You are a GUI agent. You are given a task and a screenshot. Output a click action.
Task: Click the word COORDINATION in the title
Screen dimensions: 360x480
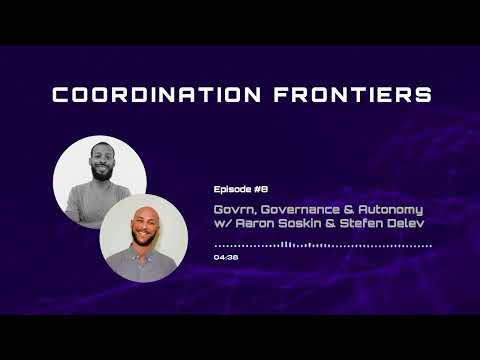click(151, 95)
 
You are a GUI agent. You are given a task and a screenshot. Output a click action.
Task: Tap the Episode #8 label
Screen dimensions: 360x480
click(241, 188)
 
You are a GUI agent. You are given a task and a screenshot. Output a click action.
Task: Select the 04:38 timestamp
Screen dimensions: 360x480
click(226, 257)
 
